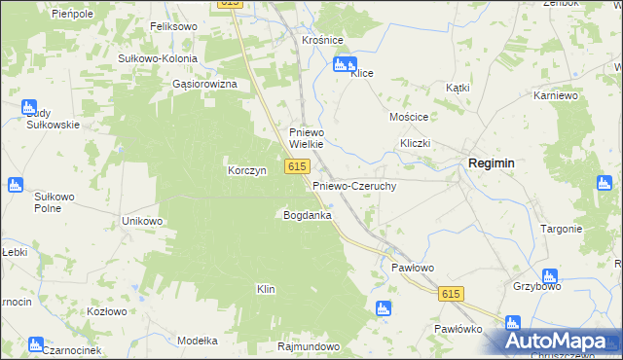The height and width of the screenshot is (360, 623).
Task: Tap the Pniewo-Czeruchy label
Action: pos(353,185)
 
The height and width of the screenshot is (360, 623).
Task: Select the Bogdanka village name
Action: pos(308,214)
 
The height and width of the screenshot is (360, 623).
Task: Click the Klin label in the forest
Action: pos(266,289)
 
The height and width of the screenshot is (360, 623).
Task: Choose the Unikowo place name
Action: pos(141,221)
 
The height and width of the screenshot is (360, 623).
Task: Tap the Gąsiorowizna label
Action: pos(204,85)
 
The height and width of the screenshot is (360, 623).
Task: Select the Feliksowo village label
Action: pos(173,26)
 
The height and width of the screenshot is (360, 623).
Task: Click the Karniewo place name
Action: pos(557,96)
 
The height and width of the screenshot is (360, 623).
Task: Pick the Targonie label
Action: pos(561,229)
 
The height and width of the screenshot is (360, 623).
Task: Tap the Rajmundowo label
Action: pos(308,346)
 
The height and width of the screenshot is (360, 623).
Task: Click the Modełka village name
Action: pos(198,341)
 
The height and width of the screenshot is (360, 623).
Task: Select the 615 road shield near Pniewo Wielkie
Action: pos(298,167)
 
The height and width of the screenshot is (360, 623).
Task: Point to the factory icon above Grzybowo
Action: pos(550,276)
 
